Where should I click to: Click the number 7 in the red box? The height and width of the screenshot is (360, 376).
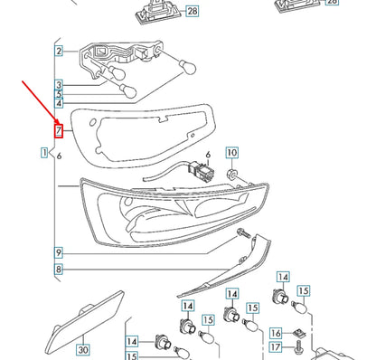pyautogui.click(x=58, y=130)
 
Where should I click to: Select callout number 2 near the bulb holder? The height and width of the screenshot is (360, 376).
pyautogui.click(x=58, y=52)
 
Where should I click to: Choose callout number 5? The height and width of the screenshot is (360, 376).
pyautogui.click(x=58, y=95)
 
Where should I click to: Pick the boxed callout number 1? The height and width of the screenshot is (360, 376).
pyautogui.click(x=44, y=155)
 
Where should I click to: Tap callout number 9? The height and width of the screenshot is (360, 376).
pyautogui.click(x=58, y=252)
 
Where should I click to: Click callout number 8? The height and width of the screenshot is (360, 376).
pyautogui.click(x=58, y=269)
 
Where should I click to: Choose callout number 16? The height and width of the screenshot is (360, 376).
pyautogui.click(x=276, y=333)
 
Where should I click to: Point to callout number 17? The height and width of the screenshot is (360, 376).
pyautogui.click(x=276, y=347)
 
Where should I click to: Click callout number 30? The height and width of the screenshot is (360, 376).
pyautogui.click(x=82, y=348)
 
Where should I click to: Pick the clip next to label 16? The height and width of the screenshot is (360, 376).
pyautogui.click(x=298, y=333)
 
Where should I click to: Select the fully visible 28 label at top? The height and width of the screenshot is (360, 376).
pyautogui.click(x=192, y=12)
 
